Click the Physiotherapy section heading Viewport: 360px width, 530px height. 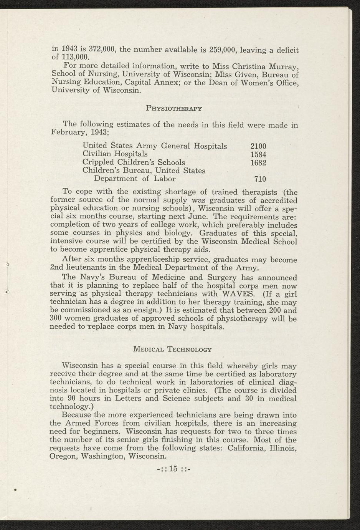tap(174, 108)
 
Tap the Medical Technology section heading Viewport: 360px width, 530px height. tap(172, 349)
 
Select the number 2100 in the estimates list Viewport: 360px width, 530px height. tap(258, 146)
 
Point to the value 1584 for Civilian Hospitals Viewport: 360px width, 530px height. tap(258, 154)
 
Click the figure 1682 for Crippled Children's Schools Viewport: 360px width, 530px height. tap(258, 162)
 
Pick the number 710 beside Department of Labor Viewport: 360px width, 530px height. tap(260, 179)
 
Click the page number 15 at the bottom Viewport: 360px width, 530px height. tap(174, 468)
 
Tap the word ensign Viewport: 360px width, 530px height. tap(142, 310)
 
